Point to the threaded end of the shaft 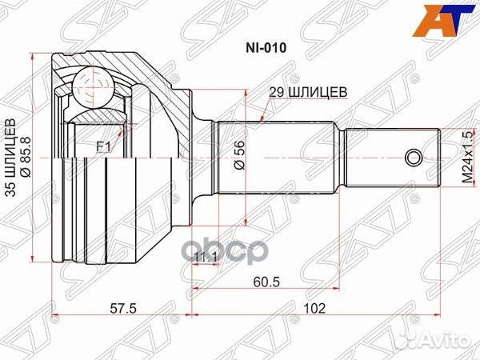[x=392, y=157]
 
